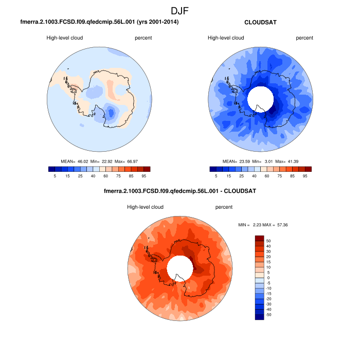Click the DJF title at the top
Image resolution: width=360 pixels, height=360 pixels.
click(x=180, y=10)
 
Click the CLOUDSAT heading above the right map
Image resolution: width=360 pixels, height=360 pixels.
click(x=260, y=22)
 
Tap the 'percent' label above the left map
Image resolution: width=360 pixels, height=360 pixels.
click(x=143, y=38)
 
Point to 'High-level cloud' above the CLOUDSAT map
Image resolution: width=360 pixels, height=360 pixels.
click(x=226, y=38)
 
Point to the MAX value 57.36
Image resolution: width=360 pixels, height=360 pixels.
click(x=280, y=225)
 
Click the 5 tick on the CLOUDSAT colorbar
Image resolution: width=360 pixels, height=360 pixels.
click(x=216, y=176)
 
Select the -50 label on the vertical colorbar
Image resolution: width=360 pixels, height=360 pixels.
click(x=269, y=314)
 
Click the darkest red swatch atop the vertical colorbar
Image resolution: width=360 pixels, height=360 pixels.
click(x=260, y=238)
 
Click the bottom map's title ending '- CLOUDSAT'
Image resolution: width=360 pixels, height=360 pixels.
click(x=179, y=191)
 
